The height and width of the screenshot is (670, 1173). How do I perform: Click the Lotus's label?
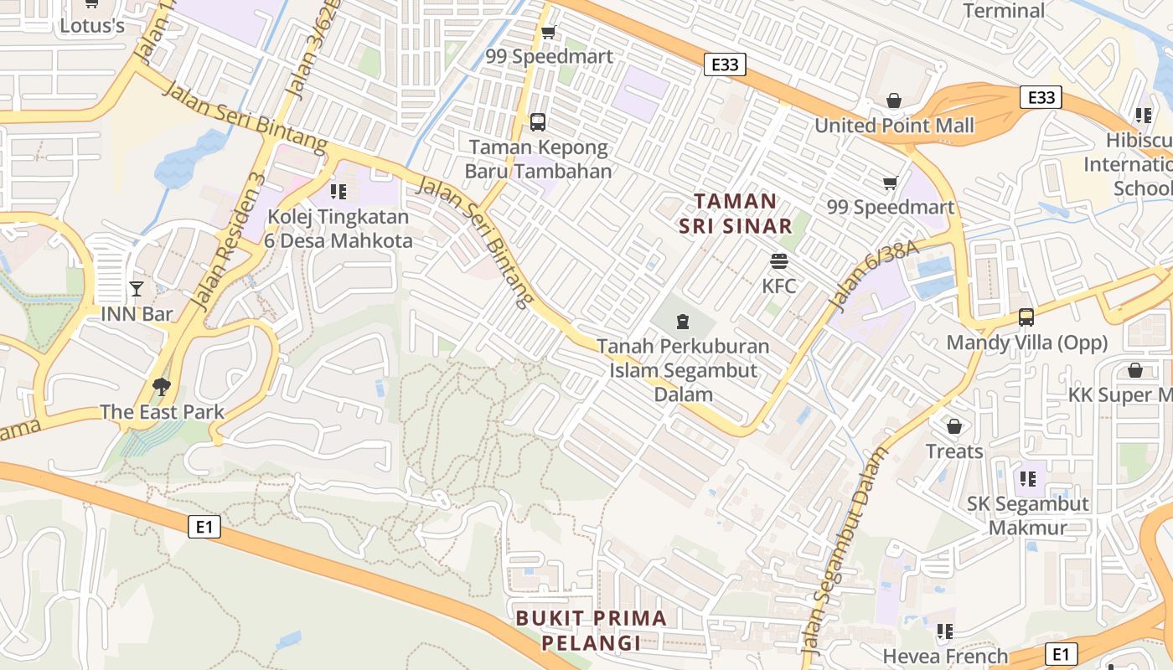92,26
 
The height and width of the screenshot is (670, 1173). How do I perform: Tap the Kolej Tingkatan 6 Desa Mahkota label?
339,229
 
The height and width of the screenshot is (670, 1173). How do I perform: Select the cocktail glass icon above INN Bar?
137,289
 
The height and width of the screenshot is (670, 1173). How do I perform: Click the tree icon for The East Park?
161,386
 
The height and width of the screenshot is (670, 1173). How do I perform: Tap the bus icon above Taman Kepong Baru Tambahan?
538,122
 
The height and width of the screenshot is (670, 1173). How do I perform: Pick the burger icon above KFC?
779,261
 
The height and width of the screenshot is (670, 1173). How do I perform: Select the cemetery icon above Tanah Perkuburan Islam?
683,321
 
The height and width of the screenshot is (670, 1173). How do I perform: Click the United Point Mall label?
895,126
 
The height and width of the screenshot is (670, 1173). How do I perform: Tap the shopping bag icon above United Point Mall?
894,100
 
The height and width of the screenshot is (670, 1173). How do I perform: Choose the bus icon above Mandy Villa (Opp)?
1026,317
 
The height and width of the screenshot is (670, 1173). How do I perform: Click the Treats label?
954,451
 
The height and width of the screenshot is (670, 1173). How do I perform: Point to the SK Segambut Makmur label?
1028,515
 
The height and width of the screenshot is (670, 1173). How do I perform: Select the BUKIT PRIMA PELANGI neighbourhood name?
592,631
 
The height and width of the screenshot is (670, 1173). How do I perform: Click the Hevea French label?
946,656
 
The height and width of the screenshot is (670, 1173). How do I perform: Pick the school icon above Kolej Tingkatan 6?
338,192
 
